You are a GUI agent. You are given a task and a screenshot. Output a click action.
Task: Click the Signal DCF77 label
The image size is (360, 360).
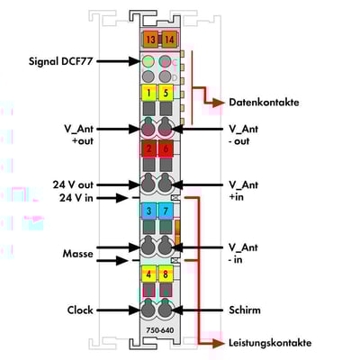pos(60,61)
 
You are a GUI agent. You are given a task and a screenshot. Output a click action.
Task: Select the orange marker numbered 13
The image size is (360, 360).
pos(151,40)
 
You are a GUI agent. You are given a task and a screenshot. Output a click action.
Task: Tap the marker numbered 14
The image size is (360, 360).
pos(169,40)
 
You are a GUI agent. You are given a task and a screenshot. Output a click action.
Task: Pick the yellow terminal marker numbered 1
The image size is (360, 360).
pos(148,93)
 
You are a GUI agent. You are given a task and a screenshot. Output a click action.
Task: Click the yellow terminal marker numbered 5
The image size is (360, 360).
pos(166,93)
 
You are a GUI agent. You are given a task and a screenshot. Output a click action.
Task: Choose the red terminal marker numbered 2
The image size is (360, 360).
pos(148,148)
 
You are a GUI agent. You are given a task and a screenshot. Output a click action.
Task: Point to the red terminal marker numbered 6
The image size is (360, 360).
pos(166,148)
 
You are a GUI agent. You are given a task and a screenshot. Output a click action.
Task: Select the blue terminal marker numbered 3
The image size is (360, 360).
pos(148,211)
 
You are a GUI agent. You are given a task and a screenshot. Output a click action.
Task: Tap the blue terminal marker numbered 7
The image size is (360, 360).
pos(166,211)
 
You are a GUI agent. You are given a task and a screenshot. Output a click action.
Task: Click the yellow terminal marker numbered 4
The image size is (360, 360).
pos(148,274)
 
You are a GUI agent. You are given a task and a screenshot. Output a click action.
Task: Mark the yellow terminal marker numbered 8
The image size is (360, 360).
pos(166,274)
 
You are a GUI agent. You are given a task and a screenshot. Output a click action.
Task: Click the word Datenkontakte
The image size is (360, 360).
pos(264,103)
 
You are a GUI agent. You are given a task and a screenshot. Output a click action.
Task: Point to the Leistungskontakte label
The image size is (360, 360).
pos(270,343)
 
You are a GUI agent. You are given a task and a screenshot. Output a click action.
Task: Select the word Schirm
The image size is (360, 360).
pos(245,310)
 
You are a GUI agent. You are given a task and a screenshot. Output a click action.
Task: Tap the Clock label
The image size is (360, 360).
pos(80,310)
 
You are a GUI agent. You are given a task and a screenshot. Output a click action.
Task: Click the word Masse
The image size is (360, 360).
pos(77,254)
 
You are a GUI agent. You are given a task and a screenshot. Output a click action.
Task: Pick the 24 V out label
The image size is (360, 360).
pos(73,184)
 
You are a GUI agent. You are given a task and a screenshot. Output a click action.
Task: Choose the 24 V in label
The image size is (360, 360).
pos(76,198)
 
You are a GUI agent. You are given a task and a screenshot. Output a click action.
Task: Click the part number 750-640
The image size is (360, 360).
pos(160,330)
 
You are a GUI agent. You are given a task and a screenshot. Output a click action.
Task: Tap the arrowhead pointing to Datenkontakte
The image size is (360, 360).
pos(219,103)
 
